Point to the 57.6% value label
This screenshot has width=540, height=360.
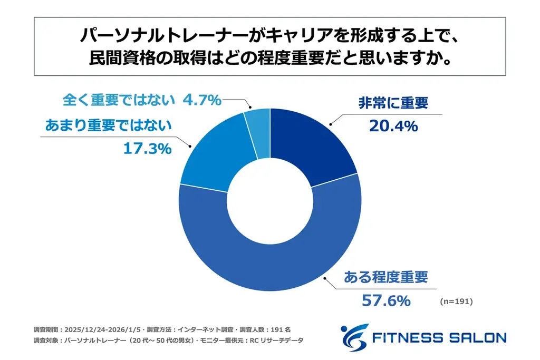(385, 300)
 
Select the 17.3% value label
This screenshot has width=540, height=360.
(147, 149)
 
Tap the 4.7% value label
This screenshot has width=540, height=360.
(201, 100)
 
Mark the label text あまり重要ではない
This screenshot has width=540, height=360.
(108, 125)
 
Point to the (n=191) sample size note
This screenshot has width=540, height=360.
(456, 302)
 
